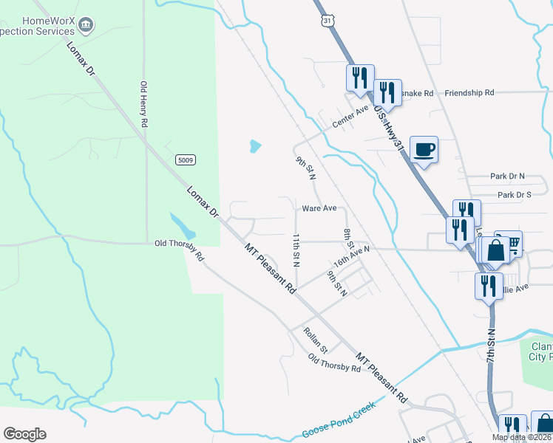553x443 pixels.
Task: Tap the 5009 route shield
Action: pos(186,159)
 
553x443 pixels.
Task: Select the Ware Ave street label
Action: pos(319,209)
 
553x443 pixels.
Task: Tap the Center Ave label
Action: pos(350,117)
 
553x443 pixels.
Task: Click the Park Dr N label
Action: pos(506,176)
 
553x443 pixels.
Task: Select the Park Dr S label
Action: pos(515,195)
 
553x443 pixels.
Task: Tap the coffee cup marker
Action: pos(424,150)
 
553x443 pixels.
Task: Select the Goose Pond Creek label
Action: pos(339,421)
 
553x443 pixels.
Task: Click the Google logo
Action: pos(24,434)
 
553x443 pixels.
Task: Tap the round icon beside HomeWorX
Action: pos(86,26)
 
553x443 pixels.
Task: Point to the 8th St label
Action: pos(348,238)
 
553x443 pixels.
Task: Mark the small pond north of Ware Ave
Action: pos(255,146)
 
